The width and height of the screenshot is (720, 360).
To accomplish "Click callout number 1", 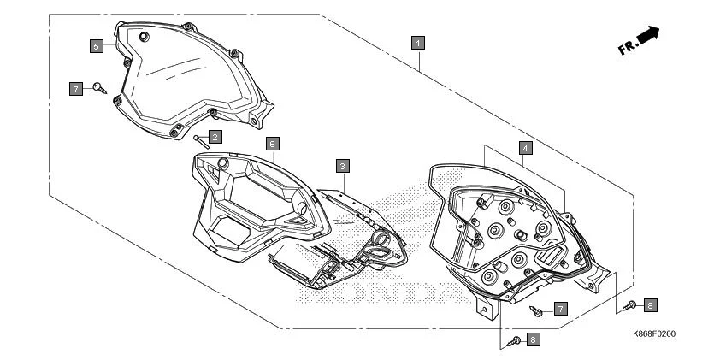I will (x=418, y=41).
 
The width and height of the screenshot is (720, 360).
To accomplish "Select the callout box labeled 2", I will (x=215, y=136).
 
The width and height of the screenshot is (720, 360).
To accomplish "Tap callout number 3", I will (x=342, y=165).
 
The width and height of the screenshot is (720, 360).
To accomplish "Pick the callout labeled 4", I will (x=525, y=148).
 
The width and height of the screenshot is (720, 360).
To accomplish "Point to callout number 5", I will (x=97, y=44).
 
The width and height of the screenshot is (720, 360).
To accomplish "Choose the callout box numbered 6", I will (x=272, y=143).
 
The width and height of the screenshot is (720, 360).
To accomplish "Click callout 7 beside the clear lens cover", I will (x=76, y=88).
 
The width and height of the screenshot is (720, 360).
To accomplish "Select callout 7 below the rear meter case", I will (x=560, y=307).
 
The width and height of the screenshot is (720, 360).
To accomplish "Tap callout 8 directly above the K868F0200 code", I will (x=650, y=304).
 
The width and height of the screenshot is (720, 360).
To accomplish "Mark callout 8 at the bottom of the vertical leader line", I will (x=533, y=339).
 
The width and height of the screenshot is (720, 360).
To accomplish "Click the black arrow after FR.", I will (x=650, y=35).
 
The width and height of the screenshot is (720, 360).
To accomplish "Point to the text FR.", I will (x=627, y=48).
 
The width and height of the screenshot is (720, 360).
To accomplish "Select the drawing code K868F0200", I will (x=654, y=333).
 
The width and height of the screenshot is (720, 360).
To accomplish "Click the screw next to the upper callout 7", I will (x=100, y=86).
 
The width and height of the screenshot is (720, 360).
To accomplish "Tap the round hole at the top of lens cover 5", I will (x=143, y=36).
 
